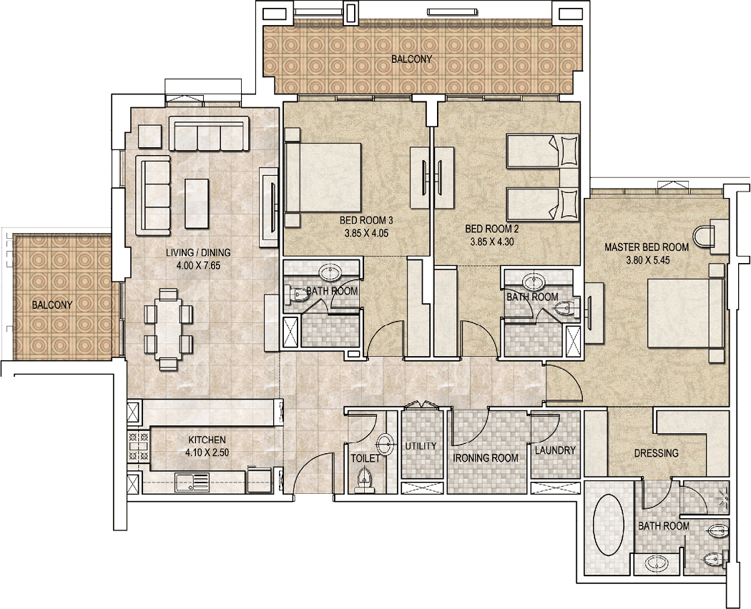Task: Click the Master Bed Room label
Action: [647, 247]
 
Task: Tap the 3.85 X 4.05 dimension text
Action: [366, 234]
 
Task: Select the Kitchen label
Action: [207, 440]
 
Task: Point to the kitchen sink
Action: [192, 482]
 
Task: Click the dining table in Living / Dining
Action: [168, 328]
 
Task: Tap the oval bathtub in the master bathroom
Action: [608, 525]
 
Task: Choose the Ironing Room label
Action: [486, 458]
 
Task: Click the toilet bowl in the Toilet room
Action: [364, 479]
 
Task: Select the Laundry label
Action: [555, 450]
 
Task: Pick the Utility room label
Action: [421, 446]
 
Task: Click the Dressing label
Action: [656, 453]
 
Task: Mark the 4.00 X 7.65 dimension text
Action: [198, 265]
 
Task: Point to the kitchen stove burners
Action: [138, 446]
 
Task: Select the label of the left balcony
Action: [52, 304]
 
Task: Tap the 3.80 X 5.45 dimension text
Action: [647, 260]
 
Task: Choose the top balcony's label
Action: [412, 59]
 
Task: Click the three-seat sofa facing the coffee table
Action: [153, 195]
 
